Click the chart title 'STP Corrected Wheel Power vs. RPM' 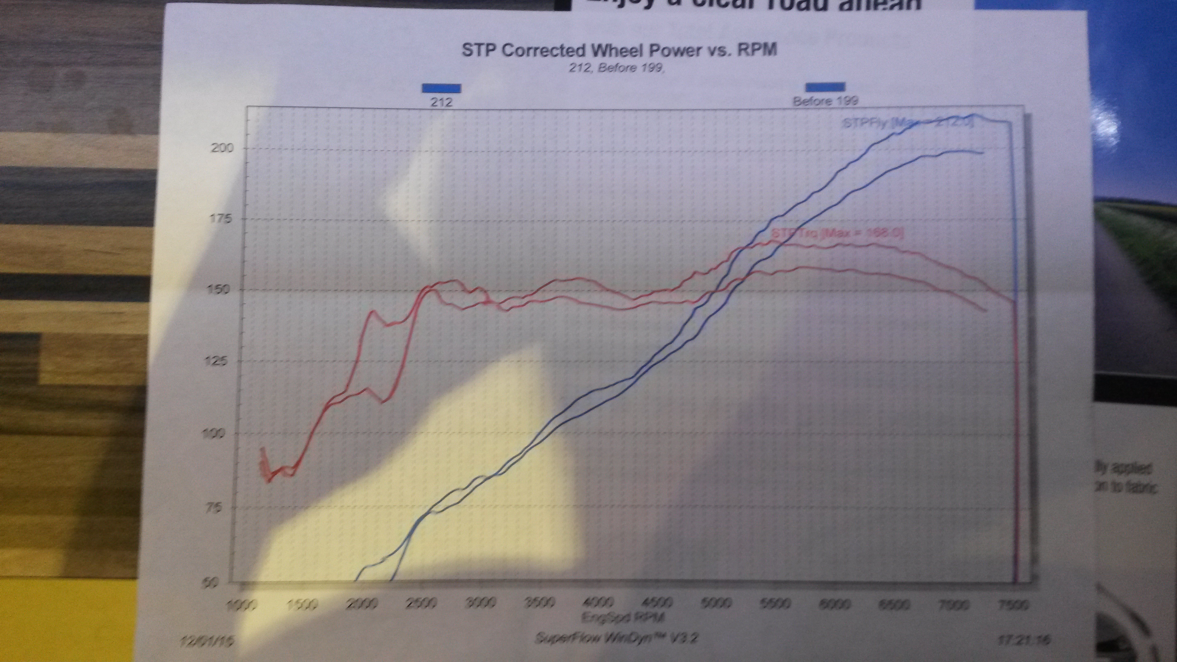coord(619,50)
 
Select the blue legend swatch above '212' coord(441,88)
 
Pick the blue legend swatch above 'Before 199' coord(825,87)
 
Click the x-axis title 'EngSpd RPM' coord(623,618)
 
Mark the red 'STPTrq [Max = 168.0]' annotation coord(837,233)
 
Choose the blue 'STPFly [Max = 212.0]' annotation coord(907,123)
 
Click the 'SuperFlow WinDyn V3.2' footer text coord(616,638)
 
